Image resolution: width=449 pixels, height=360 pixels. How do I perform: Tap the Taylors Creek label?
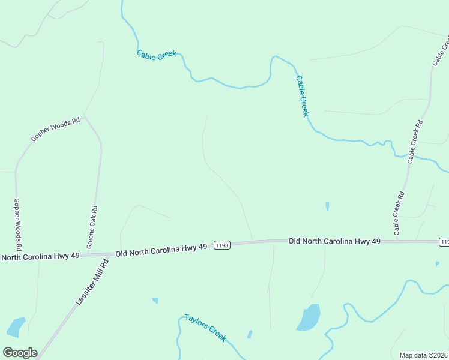pos(205,328)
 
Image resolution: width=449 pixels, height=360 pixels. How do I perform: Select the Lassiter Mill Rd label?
pos(92,281)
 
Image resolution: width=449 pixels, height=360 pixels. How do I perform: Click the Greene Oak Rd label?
pos(92,227)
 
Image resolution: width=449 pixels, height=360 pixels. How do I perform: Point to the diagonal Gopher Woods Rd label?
pos(55,130)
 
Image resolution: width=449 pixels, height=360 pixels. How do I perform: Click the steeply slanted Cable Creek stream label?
pos(302,96)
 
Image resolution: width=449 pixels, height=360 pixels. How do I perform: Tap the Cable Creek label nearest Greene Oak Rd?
pos(156,55)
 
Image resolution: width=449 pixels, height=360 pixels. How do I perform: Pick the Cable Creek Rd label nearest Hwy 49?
pos(399,214)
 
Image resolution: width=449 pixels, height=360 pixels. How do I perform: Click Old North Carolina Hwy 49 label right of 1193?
pos(334,241)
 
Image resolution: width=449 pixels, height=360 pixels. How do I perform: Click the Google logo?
pos(20,353)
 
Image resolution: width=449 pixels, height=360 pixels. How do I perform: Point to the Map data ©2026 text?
pos(423,355)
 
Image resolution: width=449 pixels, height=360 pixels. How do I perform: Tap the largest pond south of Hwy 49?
pos(309,318)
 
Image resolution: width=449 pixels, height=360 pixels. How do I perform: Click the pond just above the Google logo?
pos(16,326)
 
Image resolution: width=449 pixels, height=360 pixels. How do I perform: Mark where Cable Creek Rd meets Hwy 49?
pos(397,241)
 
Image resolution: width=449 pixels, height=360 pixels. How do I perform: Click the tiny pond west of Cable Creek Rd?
pos(327,206)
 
